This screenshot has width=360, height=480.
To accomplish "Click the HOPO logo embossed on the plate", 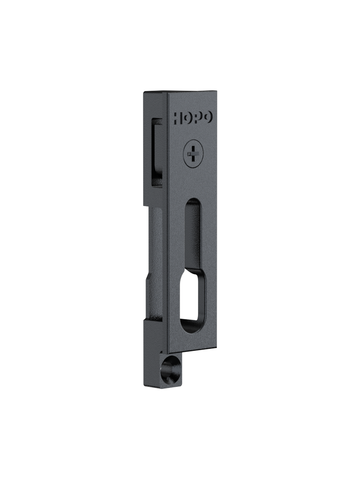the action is (x=193, y=118).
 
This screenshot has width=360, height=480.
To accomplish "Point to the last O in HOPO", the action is (x=208, y=118).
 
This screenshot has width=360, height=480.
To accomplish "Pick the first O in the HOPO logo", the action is (x=188, y=118).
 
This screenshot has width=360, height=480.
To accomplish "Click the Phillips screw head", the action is (x=194, y=154).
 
